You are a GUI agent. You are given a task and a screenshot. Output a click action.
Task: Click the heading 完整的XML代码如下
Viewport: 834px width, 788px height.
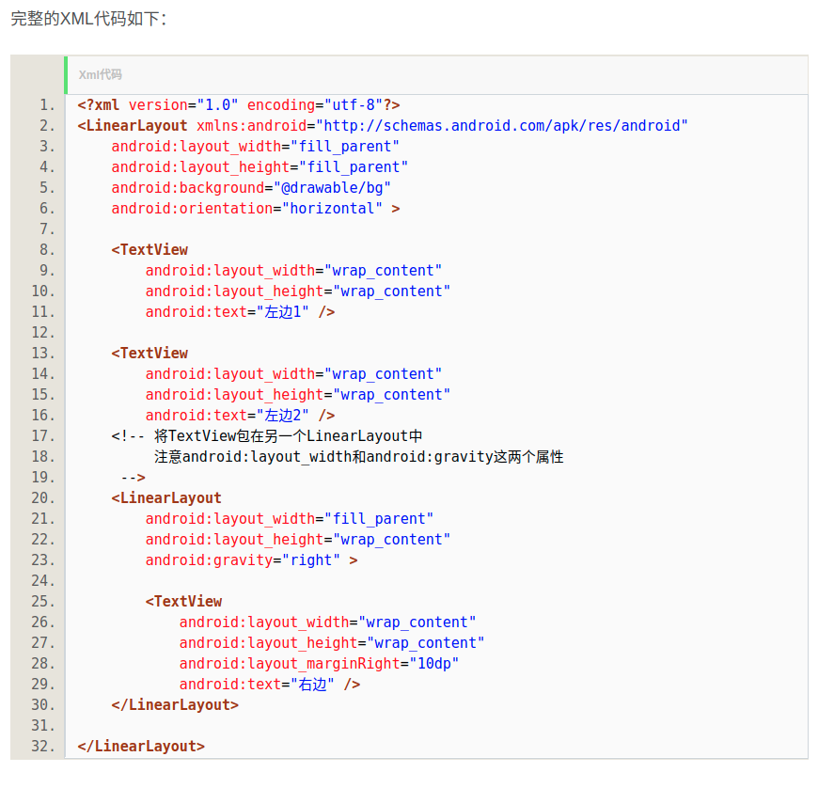[x=88, y=19]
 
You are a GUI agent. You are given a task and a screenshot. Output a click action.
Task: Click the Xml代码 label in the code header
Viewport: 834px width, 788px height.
[x=101, y=74]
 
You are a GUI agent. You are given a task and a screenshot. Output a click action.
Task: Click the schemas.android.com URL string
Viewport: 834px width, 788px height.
[x=503, y=126]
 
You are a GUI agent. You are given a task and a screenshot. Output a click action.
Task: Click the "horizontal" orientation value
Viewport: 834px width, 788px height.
[x=332, y=209]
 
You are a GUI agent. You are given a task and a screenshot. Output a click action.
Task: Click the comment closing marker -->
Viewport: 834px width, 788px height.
[x=133, y=478]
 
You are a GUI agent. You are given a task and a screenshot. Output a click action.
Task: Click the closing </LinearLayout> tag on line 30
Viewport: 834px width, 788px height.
[x=175, y=705]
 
